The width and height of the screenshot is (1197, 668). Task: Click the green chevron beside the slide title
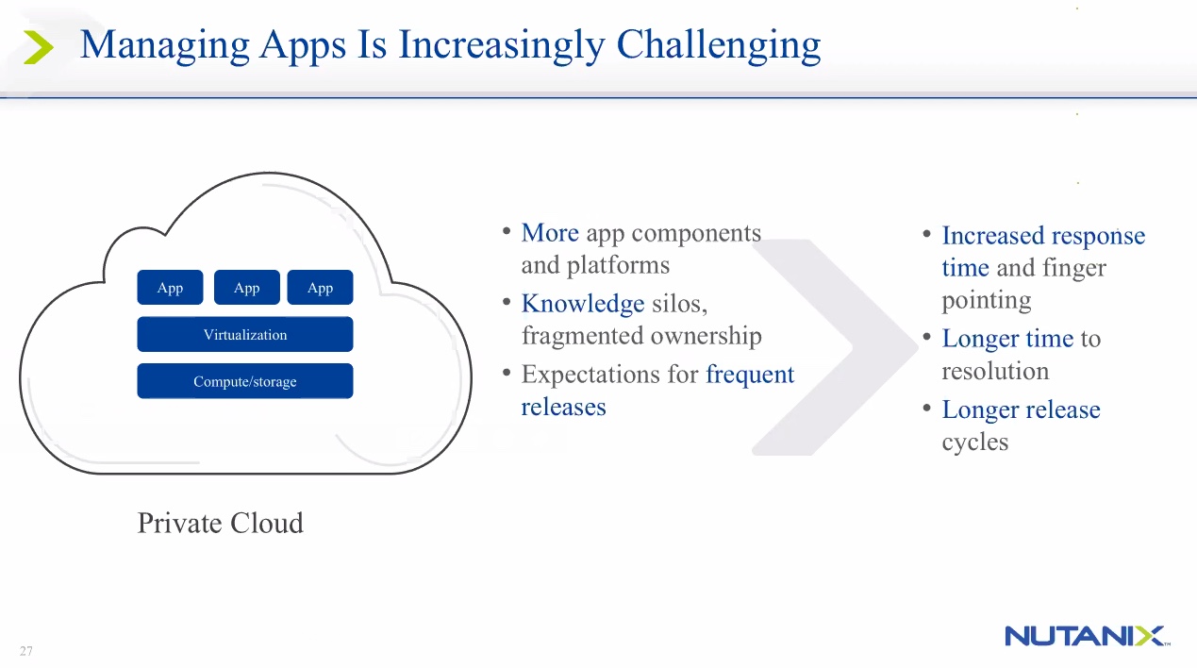click(38, 47)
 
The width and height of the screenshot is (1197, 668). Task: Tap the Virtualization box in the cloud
click(245, 335)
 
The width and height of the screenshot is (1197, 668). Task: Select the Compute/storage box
click(245, 381)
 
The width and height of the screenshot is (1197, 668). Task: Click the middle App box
click(246, 288)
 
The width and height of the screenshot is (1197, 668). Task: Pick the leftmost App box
click(170, 288)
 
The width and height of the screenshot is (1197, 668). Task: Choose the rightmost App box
click(320, 288)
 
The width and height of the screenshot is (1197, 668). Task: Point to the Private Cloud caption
click(220, 524)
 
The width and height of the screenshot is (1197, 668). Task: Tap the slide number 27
click(25, 651)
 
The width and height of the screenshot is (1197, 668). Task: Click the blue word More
click(550, 233)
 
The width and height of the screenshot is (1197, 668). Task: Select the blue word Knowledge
click(583, 304)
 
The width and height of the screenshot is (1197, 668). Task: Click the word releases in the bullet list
click(563, 408)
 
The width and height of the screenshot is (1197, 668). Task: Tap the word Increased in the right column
click(991, 236)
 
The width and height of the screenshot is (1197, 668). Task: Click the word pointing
click(986, 301)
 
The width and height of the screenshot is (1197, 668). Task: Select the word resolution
click(995, 372)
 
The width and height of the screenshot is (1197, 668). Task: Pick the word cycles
click(974, 443)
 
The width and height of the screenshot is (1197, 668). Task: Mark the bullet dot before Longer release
click(928, 409)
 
